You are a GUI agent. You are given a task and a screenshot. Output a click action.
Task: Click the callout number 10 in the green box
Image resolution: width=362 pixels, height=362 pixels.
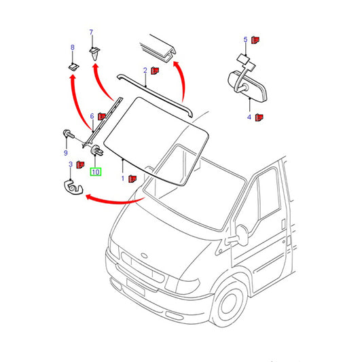pyautogui.click(x=96, y=172)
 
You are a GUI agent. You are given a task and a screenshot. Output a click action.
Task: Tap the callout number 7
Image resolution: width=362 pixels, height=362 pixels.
pyautogui.click(x=91, y=33)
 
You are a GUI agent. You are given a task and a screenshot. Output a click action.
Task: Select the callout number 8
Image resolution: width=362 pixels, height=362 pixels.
pyautogui.click(x=73, y=48)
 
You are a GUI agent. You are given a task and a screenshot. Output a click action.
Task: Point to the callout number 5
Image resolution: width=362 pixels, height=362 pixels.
pyautogui.click(x=245, y=39)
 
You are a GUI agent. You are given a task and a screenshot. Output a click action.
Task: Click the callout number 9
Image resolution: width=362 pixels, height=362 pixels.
pyautogui.click(x=66, y=153)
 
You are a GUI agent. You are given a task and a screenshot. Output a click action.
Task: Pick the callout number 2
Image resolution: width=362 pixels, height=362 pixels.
pyautogui.click(x=145, y=70)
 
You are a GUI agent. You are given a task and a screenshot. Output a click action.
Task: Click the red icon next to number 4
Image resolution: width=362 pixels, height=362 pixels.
pyautogui.click(x=259, y=117)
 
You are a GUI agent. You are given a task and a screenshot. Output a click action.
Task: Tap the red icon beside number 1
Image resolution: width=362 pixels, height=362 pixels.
pyautogui.click(x=132, y=179)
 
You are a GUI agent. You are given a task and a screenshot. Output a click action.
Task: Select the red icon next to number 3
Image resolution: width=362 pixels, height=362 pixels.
pyautogui.click(x=80, y=164)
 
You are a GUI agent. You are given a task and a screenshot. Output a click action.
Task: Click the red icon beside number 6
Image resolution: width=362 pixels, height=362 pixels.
pyautogui.click(x=102, y=117)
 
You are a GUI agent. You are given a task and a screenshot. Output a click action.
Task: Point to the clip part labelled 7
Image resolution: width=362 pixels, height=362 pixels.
pyautogui.click(x=94, y=54)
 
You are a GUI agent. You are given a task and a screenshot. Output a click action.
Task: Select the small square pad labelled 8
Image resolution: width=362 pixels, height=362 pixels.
pyautogui.click(x=73, y=67)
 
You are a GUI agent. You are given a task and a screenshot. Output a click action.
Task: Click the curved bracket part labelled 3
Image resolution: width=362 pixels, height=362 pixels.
pyautogui.click(x=73, y=187)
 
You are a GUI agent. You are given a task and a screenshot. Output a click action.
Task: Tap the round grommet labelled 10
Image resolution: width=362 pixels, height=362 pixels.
pyautogui.click(x=97, y=150)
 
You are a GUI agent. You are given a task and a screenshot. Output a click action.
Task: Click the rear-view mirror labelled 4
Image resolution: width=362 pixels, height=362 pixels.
pyautogui.click(x=247, y=84)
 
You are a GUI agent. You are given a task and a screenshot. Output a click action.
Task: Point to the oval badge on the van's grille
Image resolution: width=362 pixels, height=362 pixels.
pyautogui.click(x=144, y=255)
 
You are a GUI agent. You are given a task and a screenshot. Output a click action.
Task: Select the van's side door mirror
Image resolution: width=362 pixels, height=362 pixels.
pyautogui.click(x=240, y=236)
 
